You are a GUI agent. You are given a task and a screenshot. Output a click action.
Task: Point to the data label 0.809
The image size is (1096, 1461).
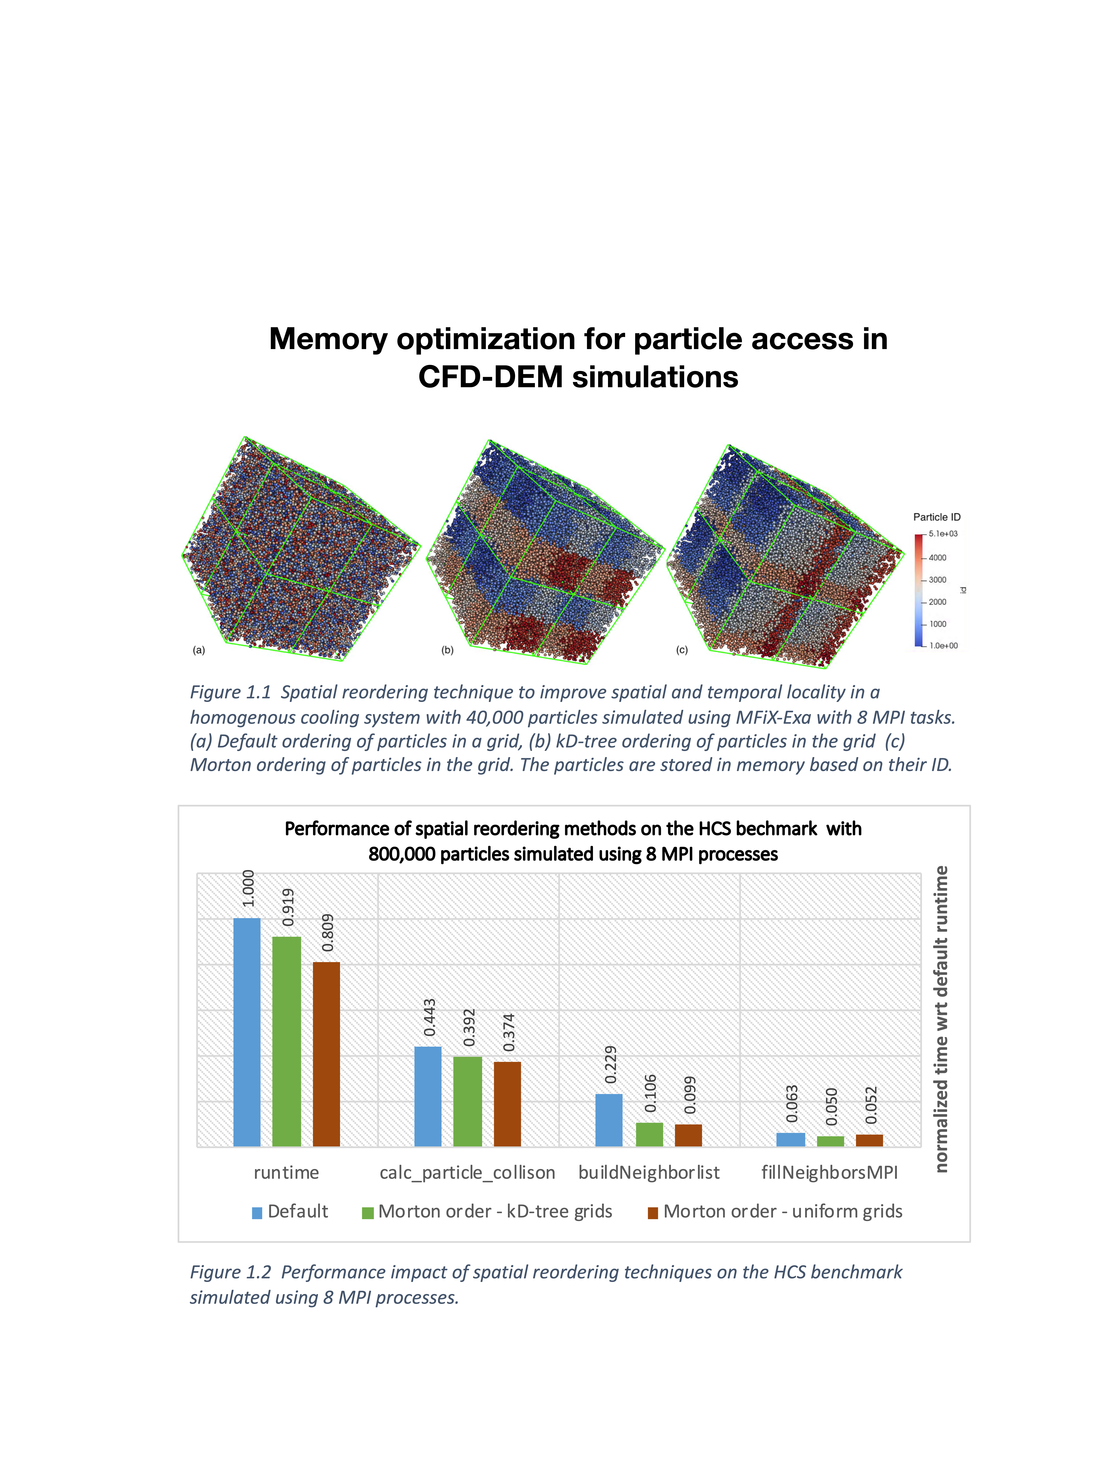(328, 933)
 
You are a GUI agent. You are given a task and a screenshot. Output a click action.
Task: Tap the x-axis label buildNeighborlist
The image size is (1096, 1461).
(649, 1172)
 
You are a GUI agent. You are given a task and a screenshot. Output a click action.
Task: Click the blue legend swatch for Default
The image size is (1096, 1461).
(257, 1213)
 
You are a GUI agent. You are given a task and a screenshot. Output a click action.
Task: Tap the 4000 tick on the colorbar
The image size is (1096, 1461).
(937, 557)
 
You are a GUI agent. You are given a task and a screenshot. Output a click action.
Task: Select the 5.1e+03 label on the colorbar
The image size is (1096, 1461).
(943, 534)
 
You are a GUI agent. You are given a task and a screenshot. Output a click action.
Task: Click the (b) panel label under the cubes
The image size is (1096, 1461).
(447, 650)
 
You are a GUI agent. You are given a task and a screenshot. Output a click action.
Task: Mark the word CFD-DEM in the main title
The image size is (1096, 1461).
(491, 377)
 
